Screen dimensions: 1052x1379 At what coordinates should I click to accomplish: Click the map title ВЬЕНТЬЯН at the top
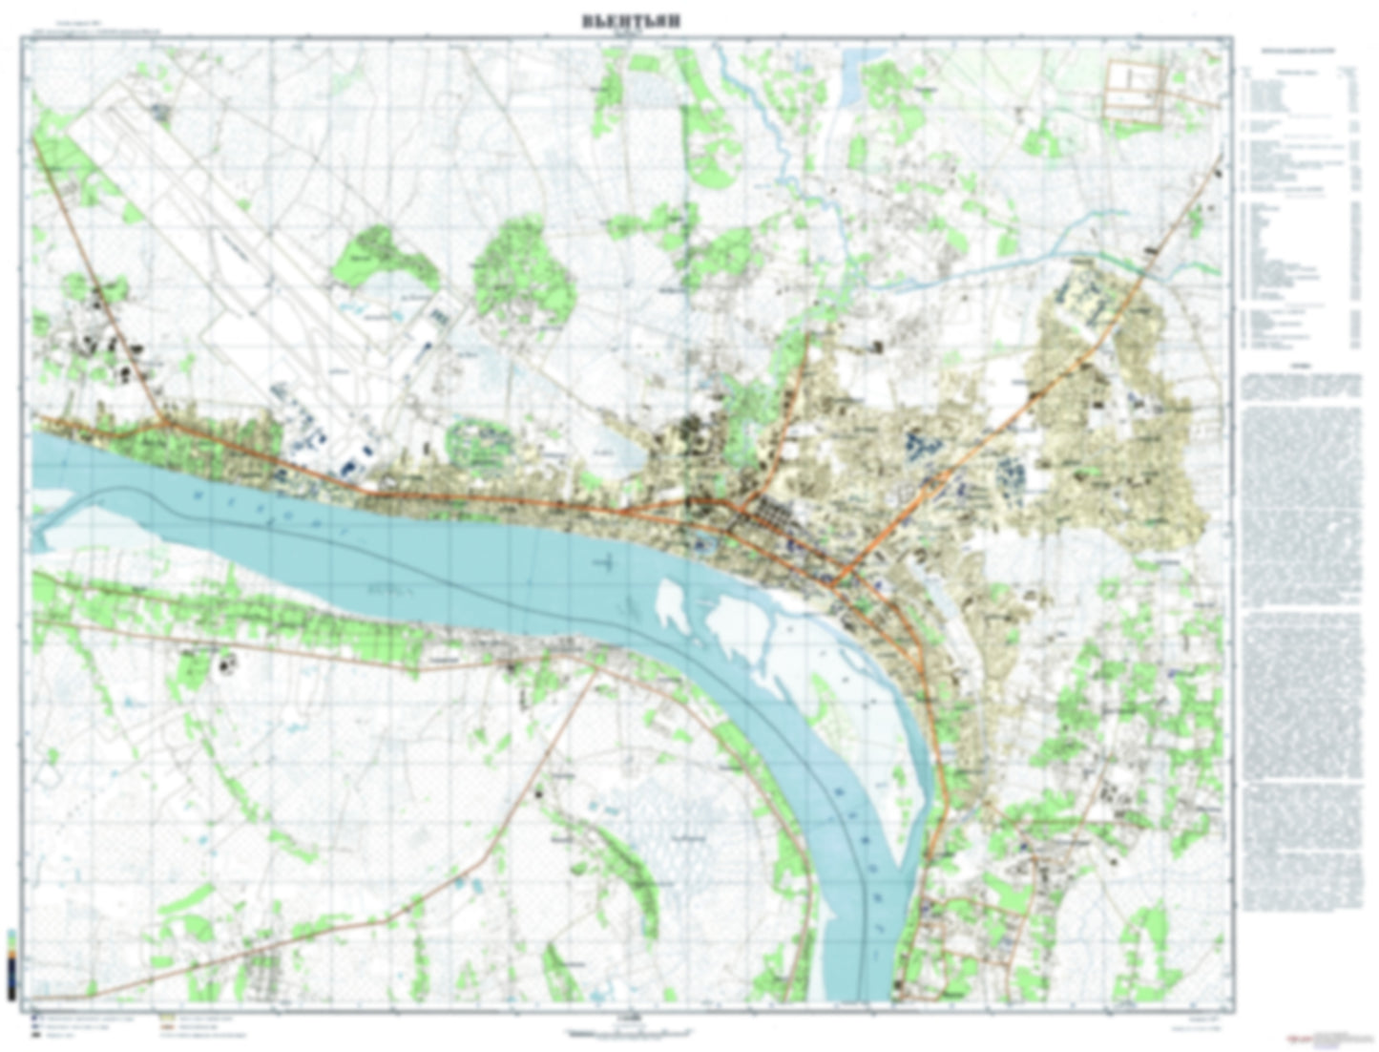point(631,22)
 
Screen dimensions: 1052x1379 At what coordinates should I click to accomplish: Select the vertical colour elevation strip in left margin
point(10,964)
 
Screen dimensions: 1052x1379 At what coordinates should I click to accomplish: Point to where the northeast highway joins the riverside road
point(836,582)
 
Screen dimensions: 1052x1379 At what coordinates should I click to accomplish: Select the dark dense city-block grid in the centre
point(763,520)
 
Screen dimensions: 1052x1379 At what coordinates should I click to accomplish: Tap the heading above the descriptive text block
point(1298,366)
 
